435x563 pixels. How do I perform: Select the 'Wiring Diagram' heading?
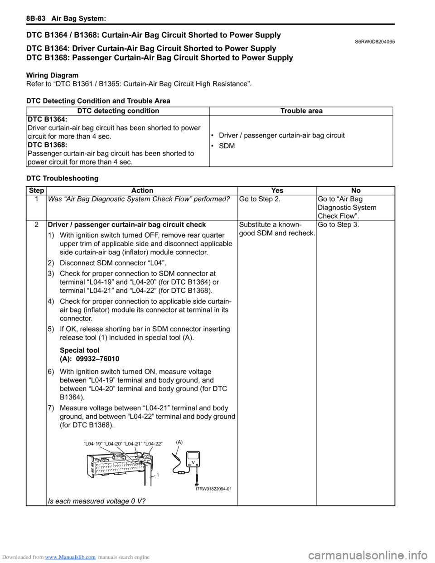click(52, 75)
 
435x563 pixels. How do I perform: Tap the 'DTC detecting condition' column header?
click(118, 111)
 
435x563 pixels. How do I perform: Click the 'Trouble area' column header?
click(301, 111)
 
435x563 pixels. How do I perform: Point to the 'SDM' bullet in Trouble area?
click(227, 146)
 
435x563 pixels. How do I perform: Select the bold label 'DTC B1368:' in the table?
click(47, 145)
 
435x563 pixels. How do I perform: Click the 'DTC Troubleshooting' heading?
click(62, 178)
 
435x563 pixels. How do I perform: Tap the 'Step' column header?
click(36, 191)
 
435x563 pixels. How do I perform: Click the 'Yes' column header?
click(277, 191)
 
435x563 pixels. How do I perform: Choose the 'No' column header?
click(356, 191)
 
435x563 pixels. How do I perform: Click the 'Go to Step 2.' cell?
click(259, 199)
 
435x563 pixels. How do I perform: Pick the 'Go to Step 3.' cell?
click(338, 225)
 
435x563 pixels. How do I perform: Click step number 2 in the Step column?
click(36, 225)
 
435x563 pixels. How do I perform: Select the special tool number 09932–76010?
click(97, 359)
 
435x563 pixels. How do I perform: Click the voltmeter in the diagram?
click(193, 460)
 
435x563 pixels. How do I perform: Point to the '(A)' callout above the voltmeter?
click(179, 442)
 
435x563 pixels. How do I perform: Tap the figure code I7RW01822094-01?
click(213, 489)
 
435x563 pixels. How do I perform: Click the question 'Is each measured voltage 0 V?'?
click(97, 501)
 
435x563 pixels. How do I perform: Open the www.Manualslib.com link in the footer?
click(71, 557)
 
